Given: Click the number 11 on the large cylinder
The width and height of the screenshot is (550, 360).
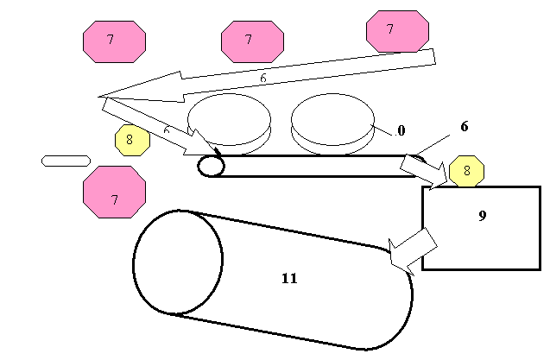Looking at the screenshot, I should [x=289, y=278].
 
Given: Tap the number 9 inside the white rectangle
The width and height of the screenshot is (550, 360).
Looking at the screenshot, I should [x=483, y=216].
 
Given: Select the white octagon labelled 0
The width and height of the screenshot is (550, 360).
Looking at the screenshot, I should [x=401, y=130].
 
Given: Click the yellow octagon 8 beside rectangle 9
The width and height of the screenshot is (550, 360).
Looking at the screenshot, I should [x=467, y=171].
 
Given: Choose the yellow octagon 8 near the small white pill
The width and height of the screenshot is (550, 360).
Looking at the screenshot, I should [x=132, y=139].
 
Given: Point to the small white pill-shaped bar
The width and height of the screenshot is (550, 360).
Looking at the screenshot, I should [x=66, y=161].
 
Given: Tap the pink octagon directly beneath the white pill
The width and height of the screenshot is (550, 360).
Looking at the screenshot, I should [x=114, y=193].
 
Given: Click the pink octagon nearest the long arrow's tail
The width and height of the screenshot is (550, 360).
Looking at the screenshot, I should [x=397, y=30].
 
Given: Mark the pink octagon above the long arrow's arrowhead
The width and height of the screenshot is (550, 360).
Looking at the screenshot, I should [x=114, y=41].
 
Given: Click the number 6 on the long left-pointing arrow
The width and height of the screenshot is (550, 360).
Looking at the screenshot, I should [x=263, y=78].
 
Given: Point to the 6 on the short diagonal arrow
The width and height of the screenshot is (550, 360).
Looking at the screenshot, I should [x=167, y=129].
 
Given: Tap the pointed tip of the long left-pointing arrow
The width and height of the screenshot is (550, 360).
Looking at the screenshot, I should [x=103, y=95].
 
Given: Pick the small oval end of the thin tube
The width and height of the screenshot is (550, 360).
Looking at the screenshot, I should [x=211, y=165].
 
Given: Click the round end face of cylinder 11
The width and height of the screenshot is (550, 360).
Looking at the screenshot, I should [x=178, y=262].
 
